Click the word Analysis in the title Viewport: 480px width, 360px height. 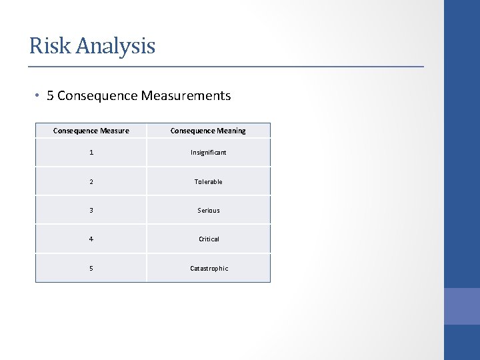click(x=115, y=47)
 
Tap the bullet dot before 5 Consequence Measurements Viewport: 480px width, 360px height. click(x=39, y=96)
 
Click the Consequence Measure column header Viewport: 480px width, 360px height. click(x=91, y=131)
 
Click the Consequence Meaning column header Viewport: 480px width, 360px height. click(x=208, y=131)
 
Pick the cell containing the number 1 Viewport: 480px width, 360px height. click(x=91, y=153)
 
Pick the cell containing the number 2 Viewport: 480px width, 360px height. click(x=91, y=181)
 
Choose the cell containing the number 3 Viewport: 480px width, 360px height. click(x=91, y=210)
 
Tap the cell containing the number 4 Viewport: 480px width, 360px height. click(x=91, y=239)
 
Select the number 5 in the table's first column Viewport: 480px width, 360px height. click(x=91, y=268)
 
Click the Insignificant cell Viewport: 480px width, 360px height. click(x=209, y=153)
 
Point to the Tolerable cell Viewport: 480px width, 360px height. click(x=209, y=181)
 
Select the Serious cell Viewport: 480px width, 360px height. click(x=209, y=210)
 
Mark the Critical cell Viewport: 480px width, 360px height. click(x=209, y=239)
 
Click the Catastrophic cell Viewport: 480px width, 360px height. click(x=209, y=268)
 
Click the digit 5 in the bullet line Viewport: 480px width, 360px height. click(x=51, y=96)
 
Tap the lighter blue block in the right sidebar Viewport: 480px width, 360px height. click(x=461, y=306)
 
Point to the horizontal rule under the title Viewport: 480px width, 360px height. click(x=226, y=67)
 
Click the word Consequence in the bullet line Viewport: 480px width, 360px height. click(x=97, y=96)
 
